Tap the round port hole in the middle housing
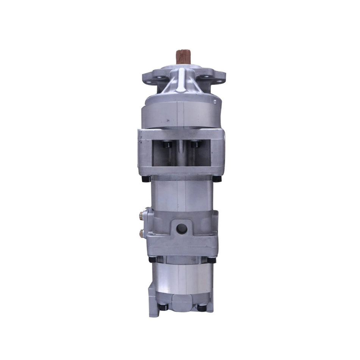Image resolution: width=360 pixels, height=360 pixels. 181,228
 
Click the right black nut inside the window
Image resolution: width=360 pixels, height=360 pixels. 194,144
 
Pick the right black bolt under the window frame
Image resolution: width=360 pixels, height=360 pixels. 216,178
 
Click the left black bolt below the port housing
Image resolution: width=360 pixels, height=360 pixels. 153,260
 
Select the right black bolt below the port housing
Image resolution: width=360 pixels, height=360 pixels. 211,260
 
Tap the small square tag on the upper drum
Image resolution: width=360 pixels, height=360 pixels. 214,102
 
